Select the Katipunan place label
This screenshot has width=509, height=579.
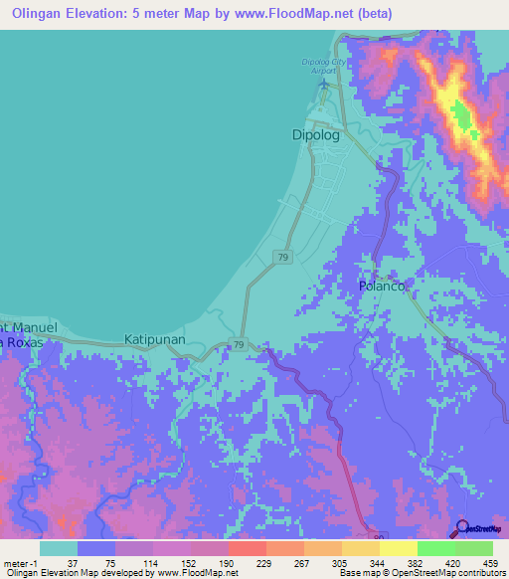pyautogui.click(x=157, y=339)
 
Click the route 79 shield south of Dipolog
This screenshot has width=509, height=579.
pyautogui.click(x=283, y=258)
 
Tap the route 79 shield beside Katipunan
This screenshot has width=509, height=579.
pyautogui.click(x=239, y=344)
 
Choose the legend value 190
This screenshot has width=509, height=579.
pyautogui.click(x=229, y=563)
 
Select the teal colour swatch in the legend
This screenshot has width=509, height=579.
pyautogui.click(x=59, y=548)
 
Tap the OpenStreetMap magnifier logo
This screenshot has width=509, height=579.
pyautogui.click(x=460, y=528)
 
